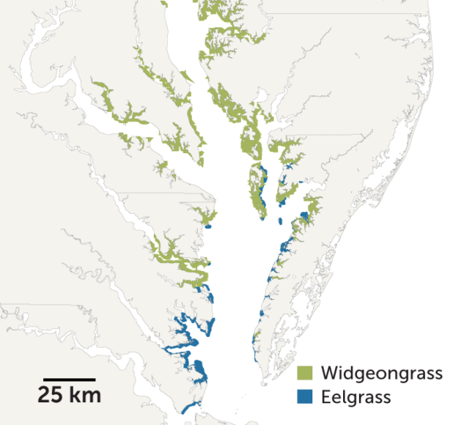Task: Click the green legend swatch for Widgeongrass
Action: tap(305, 374)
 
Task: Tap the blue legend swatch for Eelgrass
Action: tap(305, 397)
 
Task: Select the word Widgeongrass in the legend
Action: tap(381, 374)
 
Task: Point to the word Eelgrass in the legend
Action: tap(356, 397)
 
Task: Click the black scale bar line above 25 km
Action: tap(67, 380)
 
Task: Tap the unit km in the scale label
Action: tap(85, 396)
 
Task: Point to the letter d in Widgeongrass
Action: tap(347, 374)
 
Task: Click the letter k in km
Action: tap(77, 396)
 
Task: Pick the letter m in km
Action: tap(92, 396)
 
